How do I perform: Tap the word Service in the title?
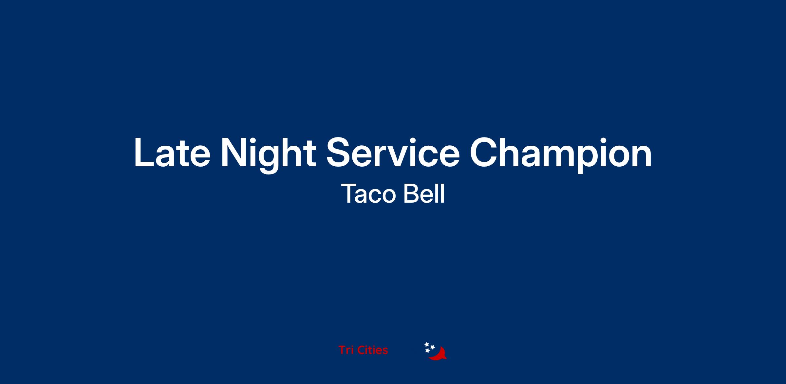393,153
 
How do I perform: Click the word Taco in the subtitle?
369,193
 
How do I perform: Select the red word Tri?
346,350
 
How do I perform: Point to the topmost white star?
427,344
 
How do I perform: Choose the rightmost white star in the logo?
432,347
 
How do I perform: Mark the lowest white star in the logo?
427,351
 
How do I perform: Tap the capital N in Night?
234,153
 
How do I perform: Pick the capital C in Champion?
485,153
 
